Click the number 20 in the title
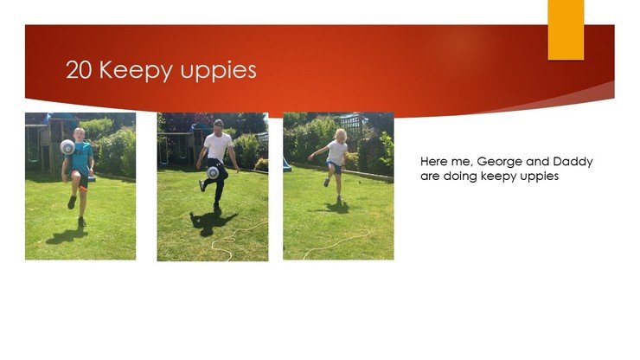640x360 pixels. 79,69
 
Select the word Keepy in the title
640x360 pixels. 136,71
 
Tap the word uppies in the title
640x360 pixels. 218,71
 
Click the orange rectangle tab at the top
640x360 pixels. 566,29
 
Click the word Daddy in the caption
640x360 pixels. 573,162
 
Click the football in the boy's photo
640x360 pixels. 67,147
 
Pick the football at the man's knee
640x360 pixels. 213,173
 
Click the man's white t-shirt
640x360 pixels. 218,146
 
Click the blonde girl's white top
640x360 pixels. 337,152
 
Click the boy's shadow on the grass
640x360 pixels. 67,235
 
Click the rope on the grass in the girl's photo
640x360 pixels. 336,244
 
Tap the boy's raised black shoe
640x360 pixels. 73,202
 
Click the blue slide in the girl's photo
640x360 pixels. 286,164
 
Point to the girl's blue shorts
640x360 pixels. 336,166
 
